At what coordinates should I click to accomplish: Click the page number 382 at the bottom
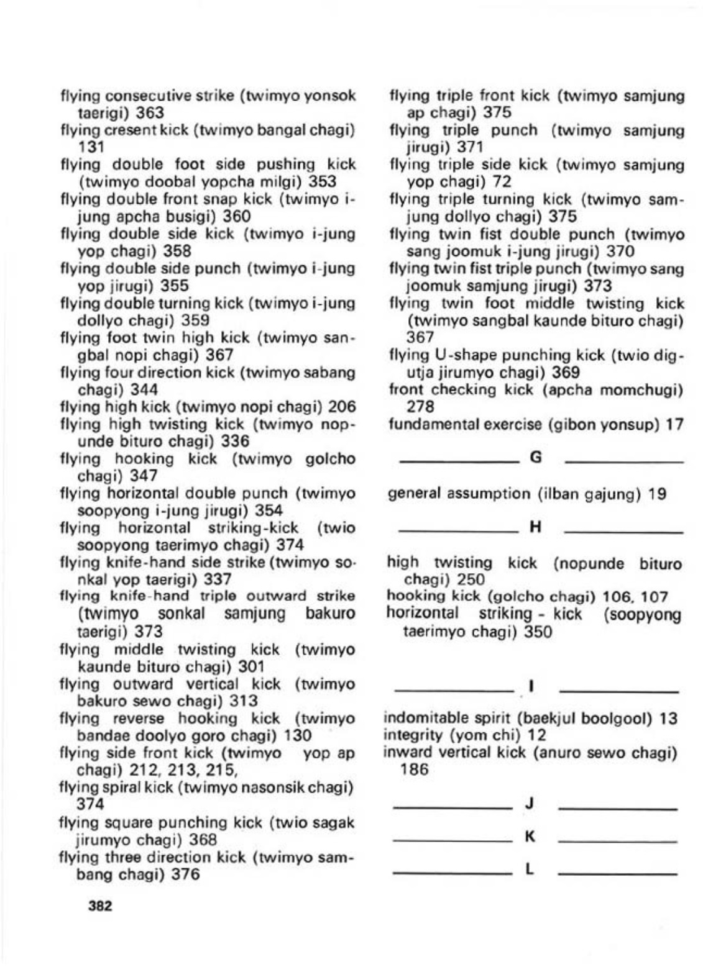click(x=100, y=906)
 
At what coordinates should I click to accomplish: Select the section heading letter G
click(x=535, y=458)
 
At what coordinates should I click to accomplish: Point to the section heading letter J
click(x=530, y=804)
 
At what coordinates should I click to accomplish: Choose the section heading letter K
click(x=530, y=837)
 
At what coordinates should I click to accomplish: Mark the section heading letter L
click(x=530, y=869)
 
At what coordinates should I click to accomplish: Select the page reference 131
click(x=91, y=147)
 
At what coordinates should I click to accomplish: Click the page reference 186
click(x=415, y=770)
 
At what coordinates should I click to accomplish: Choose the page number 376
click(x=186, y=874)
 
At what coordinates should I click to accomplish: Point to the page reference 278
click(x=420, y=407)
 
